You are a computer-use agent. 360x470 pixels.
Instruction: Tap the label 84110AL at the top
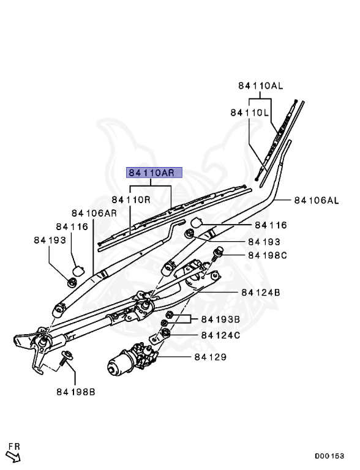coord(260,86)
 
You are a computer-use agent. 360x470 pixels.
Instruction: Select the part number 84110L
coord(250,113)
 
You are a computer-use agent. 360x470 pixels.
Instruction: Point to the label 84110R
coord(131,200)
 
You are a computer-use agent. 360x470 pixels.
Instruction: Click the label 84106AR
coord(94,213)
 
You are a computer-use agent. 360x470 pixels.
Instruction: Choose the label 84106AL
coord(316,200)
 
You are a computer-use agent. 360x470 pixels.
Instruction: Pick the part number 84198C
coord(268,255)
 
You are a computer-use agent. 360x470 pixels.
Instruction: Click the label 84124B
coord(260,293)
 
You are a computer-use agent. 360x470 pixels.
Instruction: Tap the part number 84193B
coord(220,319)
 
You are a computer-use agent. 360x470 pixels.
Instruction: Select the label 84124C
coord(220,335)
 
